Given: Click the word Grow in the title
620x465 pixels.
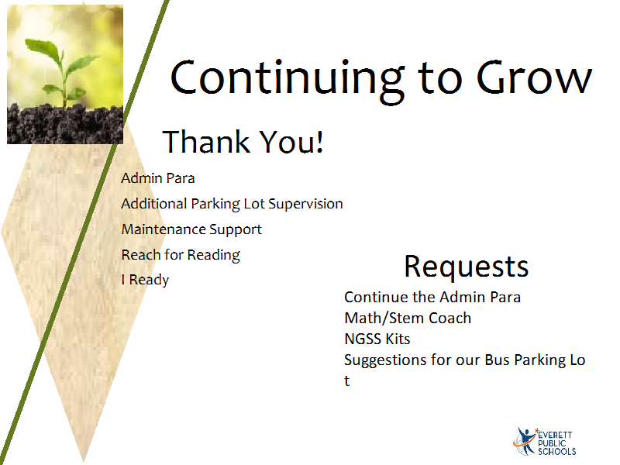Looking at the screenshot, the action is click(534, 77).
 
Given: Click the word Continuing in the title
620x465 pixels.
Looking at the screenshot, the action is click(288, 81).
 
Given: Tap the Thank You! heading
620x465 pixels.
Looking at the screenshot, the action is click(243, 141).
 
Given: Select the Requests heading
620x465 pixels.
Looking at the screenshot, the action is click(467, 267).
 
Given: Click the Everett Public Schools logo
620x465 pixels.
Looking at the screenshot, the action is click(544, 441).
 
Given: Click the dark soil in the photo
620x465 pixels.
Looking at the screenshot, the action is click(65, 124).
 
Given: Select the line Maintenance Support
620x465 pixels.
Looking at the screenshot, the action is click(191, 229).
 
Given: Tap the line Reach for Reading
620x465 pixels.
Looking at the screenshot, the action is click(181, 256).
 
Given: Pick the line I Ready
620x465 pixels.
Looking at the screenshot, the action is click(145, 280).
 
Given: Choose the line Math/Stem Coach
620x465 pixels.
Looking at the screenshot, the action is click(408, 318).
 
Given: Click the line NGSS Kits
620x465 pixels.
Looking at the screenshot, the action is click(377, 339).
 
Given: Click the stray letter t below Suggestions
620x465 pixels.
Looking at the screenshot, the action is click(346, 381).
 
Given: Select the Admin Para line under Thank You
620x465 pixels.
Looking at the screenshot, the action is click(158, 178).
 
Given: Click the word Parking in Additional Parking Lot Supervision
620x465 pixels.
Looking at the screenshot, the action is click(215, 205).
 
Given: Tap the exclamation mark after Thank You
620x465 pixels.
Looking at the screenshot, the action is click(319, 142).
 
